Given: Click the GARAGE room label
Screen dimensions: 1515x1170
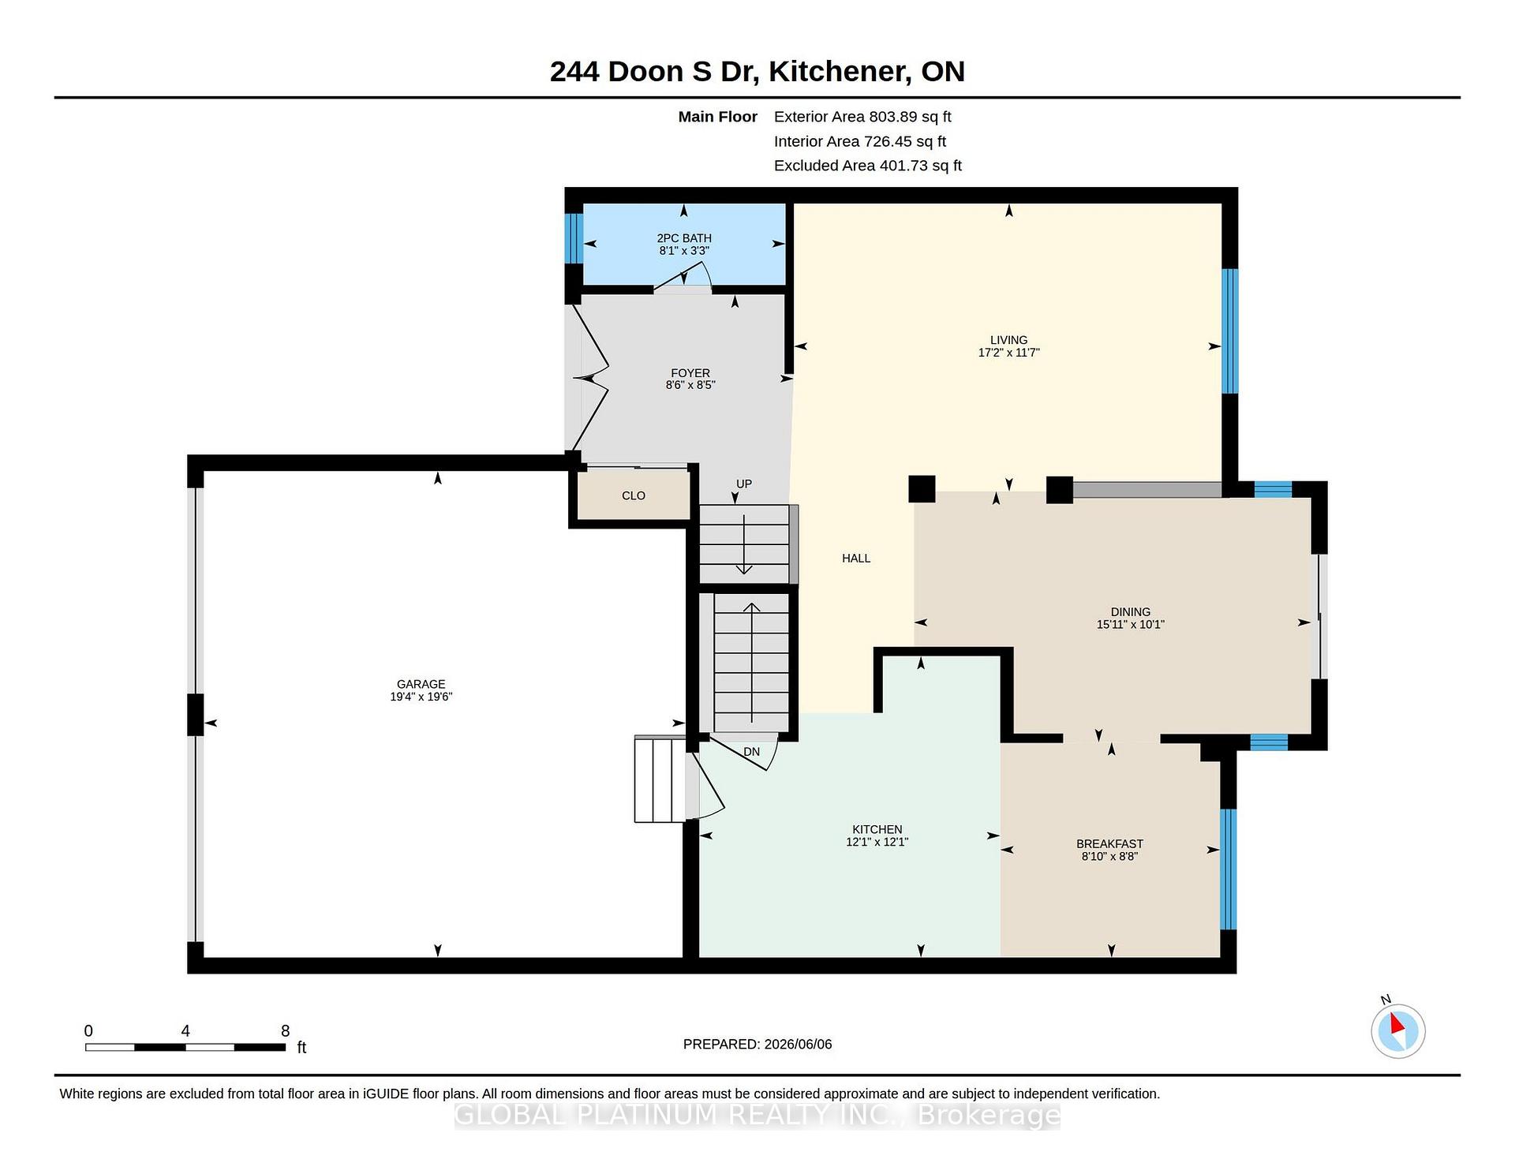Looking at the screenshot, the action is pyautogui.click(x=421, y=684).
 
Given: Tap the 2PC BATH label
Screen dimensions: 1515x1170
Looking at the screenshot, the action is pyautogui.click(x=684, y=237).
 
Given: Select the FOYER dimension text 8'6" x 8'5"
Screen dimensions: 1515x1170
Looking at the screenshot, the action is pyautogui.click(x=690, y=386).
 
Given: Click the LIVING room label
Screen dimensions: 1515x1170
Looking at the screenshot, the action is pyautogui.click(x=1008, y=340).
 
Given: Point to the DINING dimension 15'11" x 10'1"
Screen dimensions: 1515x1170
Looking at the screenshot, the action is pyautogui.click(x=1130, y=624).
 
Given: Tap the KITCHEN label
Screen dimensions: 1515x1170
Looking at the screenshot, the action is pyautogui.click(x=877, y=829).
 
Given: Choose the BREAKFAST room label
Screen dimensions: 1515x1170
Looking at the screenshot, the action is pyautogui.click(x=1109, y=843).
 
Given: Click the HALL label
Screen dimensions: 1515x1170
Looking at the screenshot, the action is pyautogui.click(x=856, y=559).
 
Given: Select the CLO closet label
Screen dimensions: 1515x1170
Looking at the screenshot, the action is pyautogui.click(x=634, y=495).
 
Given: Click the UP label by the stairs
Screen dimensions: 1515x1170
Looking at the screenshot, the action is pyautogui.click(x=744, y=484).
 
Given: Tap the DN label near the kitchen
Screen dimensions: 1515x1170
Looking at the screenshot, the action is pyautogui.click(x=751, y=752).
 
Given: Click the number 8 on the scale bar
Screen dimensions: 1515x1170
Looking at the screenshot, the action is pyautogui.click(x=286, y=1030).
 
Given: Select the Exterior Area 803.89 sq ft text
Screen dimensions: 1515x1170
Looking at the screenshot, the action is pyautogui.click(x=862, y=117).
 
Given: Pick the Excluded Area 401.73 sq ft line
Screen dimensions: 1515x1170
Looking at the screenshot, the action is pyautogui.click(x=868, y=166).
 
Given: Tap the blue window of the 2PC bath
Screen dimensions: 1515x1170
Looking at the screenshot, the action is pyautogui.click(x=574, y=238).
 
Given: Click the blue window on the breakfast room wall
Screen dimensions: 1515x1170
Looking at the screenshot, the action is pyautogui.click(x=1228, y=869).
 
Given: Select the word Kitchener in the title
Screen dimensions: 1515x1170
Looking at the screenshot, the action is pyautogui.click(x=836, y=71).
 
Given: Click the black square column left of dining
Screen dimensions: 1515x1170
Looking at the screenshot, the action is pyautogui.click(x=922, y=488).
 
